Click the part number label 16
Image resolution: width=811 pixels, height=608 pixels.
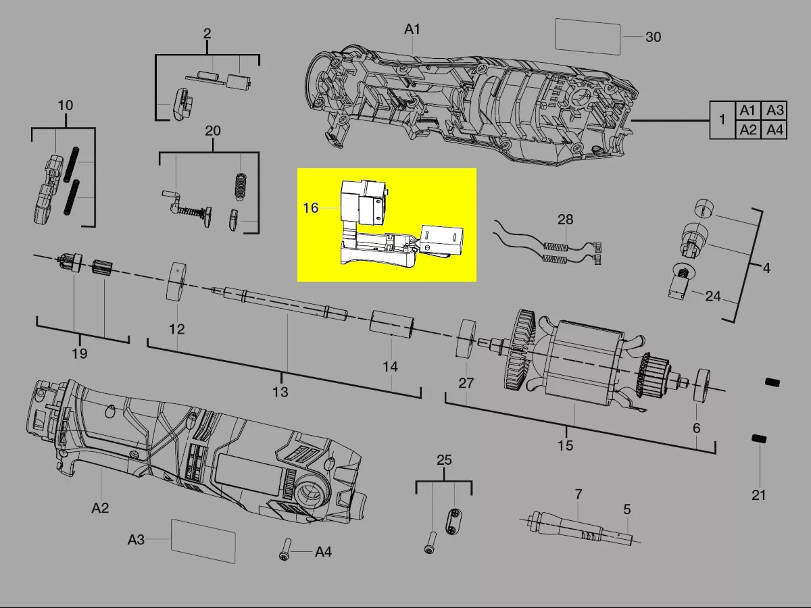310,208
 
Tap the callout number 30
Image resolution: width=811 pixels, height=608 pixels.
654,37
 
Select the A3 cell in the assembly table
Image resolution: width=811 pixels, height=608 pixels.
775,110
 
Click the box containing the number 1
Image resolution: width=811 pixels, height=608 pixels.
722,120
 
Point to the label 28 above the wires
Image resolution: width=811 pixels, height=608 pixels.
565,220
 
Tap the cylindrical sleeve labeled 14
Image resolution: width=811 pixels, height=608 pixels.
392,324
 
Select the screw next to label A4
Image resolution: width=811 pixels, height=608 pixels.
285,550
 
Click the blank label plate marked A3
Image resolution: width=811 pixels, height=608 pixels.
203,541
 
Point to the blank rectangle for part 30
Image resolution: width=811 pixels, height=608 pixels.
587,36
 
